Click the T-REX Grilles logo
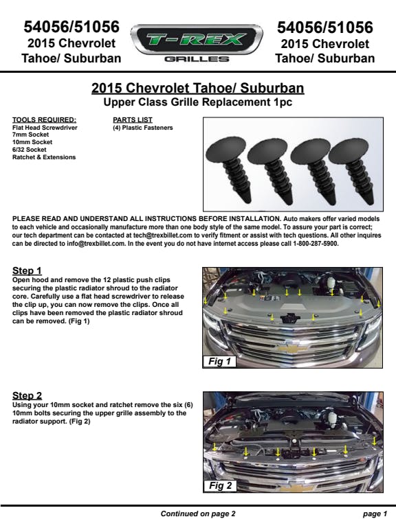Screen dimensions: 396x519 (x=197, y=43)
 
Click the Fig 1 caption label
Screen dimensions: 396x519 (x=219, y=361)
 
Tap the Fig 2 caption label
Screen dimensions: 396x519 (x=220, y=485)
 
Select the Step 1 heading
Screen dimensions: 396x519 (x=27, y=270)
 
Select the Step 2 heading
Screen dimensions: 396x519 (x=27, y=395)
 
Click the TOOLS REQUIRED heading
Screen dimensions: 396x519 (x=44, y=120)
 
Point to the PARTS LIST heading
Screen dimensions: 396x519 (x=133, y=120)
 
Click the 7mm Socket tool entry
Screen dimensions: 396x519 (x=30, y=135)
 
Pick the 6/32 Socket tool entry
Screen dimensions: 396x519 (x=29, y=150)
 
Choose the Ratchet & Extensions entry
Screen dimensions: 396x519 (x=44, y=157)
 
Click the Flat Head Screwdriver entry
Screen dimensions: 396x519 (x=45, y=128)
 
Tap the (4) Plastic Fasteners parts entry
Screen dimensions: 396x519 (x=143, y=128)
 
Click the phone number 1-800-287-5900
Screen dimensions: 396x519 (x=316, y=244)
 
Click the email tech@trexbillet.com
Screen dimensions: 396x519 (x=163, y=235)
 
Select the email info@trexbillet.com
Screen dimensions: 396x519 (x=96, y=244)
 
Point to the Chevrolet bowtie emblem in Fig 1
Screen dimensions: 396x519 (x=292, y=347)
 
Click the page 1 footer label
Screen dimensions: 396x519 (x=375, y=514)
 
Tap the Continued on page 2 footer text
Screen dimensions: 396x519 (x=198, y=514)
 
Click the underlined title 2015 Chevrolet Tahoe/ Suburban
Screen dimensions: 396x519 (x=198, y=88)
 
